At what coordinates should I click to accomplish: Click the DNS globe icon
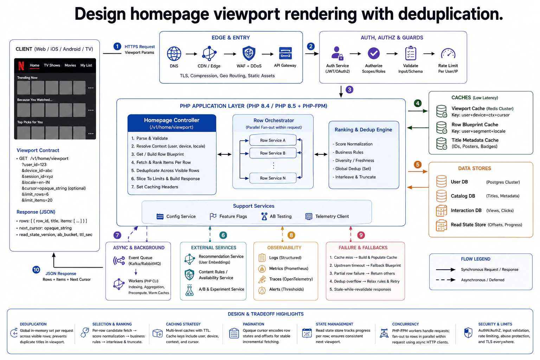point(174,53)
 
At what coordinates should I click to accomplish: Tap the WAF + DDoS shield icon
point(249,53)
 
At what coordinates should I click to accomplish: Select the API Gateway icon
point(285,53)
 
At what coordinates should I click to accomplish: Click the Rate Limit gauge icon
point(448,53)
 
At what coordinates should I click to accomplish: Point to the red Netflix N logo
point(21,66)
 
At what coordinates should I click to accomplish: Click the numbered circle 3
point(349,90)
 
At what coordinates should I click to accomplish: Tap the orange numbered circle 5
point(418,165)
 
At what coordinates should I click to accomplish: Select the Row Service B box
point(273,153)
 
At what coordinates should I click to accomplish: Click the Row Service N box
point(273,178)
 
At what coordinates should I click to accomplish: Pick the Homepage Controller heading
point(172,120)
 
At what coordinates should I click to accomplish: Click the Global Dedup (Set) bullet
point(352,168)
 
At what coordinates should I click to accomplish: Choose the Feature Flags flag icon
point(213,216)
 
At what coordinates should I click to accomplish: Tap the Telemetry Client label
point(332,216)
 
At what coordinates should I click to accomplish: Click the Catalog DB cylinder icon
point(442,196)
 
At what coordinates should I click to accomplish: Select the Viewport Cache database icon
point(442,111)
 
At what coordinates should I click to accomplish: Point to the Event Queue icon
point(119,261)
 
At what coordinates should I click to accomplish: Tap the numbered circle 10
point(36,270)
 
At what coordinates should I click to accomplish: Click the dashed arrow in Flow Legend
point(445,280)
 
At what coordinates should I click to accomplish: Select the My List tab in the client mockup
point(86,65)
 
